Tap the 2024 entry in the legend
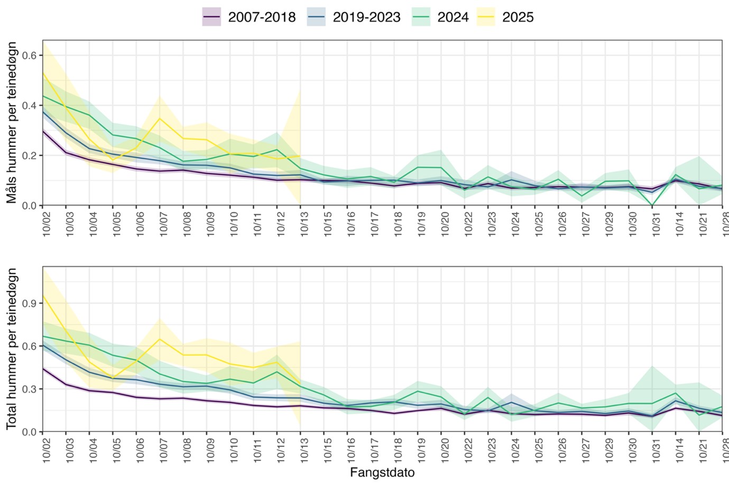tap(441, 17)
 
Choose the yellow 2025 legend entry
tap(506, 17)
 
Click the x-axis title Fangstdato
tap(382, 473)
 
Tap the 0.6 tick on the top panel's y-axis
tap(30, 55)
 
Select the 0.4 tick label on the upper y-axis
tap(30, 105)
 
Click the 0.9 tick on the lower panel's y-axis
tap(30, 303)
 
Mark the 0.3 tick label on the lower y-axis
tap(30, 389)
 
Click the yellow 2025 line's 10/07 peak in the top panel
tap(160, 118)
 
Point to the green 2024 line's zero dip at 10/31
tap(652, 205)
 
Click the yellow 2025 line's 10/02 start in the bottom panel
tap(43, 296)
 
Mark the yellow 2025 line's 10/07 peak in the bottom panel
tap(160, 339)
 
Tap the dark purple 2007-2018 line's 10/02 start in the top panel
tap(43, 131)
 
